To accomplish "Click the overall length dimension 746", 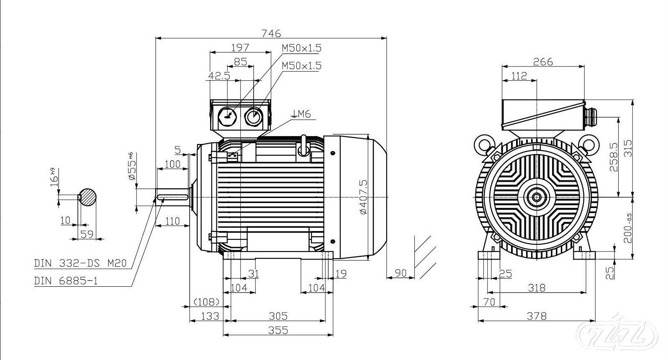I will click(271, 33).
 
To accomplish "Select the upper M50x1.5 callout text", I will click(301, 48).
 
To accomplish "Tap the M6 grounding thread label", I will click(303, 113).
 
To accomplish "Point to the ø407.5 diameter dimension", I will click(363, 197).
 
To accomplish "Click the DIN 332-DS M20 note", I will click(80, 263).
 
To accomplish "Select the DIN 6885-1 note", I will click(66, 281).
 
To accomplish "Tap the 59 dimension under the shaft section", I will click(87, 234).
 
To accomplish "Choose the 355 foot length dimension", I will click(278, 330).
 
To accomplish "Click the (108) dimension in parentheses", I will click(206, 301).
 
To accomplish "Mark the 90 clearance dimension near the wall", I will click(401, 273).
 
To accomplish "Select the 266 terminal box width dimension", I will click(543, 62).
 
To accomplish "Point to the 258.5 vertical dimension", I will click(613, 157).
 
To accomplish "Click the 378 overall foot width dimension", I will click(537, 316).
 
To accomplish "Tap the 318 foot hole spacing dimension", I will click(537, 288).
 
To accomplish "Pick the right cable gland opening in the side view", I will click(253, 116).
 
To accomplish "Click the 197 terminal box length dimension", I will click(240, 47).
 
